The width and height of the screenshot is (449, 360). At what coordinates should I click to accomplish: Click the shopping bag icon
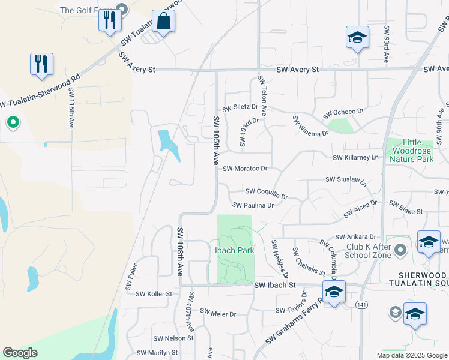coord(163,22)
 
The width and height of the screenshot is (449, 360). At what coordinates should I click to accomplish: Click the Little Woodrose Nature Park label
coord(411,151)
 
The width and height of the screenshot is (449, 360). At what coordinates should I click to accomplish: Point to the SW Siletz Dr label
coord(240,109)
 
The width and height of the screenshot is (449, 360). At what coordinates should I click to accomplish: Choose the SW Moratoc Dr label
coord(244,169)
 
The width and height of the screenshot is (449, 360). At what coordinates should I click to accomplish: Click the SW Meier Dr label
coord(218,313)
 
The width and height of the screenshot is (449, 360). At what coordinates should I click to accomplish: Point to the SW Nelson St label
coord(173,338)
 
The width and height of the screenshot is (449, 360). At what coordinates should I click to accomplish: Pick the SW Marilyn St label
coord(158,353)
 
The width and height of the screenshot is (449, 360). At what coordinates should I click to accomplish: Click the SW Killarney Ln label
coord(357,157)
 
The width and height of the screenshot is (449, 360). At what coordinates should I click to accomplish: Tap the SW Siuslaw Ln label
coord(346,180)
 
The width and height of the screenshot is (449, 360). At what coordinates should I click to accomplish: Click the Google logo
coord(20,353)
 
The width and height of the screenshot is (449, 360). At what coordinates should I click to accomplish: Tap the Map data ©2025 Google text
coord(411,355)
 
